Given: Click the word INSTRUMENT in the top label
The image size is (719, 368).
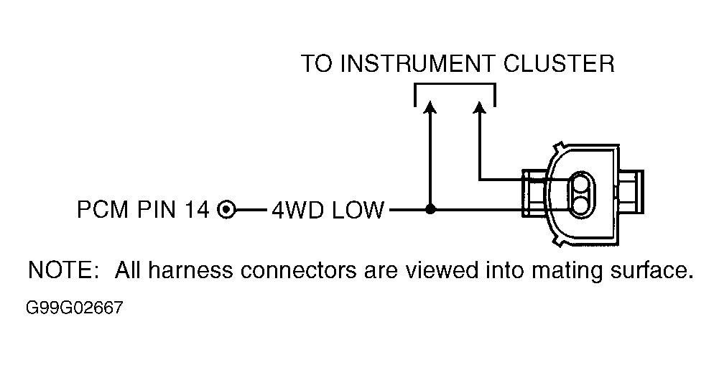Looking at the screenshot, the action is click(418, 64).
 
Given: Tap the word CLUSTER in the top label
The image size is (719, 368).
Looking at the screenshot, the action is click(559, 64).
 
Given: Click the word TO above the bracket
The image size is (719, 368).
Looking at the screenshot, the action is click(317, 64).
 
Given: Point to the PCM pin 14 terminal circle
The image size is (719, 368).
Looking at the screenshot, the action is click(226, 210).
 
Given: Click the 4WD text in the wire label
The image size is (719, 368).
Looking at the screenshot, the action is click(299, 210).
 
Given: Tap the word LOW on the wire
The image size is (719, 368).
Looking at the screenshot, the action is click(358, 210).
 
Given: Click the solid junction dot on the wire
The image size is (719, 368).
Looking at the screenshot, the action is click(430, 210).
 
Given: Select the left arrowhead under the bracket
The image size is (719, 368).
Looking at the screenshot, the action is click(430, 106).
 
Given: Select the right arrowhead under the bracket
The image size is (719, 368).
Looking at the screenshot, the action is click(480, 106).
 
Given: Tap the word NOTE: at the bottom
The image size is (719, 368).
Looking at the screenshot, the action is click(63, 270).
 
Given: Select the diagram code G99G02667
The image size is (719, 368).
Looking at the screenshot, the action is click(75, 308).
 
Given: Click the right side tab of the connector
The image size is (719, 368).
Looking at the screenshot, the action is click(631, 192).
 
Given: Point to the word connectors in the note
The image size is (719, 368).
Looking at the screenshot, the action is click(298, 271).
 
